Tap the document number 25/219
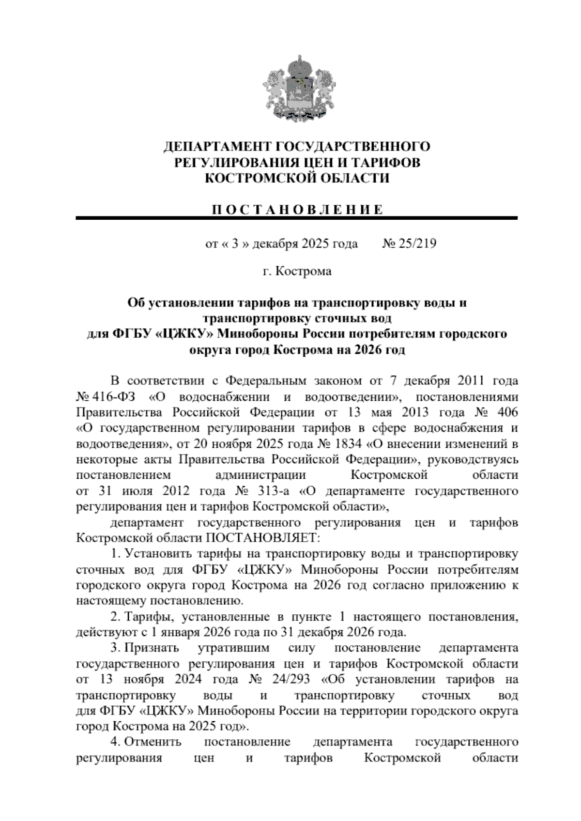[x=417, y=243]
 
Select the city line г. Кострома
[x=296, y=272]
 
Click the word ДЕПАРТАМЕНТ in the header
[x=218, y=147]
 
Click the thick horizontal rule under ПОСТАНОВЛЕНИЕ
[x=296, y=219]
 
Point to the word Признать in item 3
[x=152, y=648]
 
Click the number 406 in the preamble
[x=507, y=412]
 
